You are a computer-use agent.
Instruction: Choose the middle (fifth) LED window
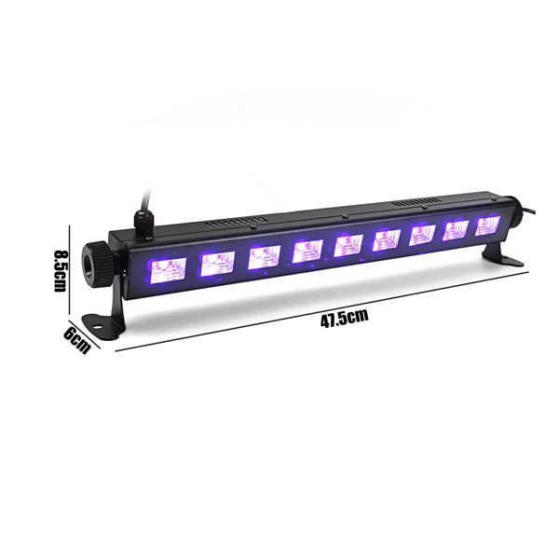[x=348, y=246]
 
